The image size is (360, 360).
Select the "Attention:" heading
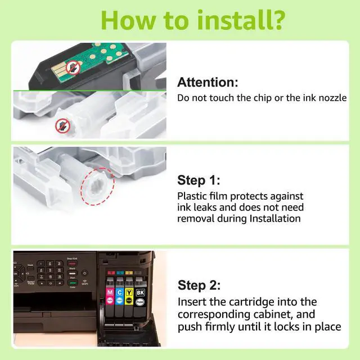tap(208, 82)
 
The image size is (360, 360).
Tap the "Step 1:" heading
tap(199, 180)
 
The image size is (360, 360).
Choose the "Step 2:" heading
tap(199, 285)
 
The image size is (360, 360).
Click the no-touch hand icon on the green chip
tap(73, 67)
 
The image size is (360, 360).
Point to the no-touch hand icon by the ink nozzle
tap(62, 125)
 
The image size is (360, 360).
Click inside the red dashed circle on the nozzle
tap(97, 186)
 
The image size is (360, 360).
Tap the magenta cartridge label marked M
tap(110, 292)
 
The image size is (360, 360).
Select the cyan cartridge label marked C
tap(120, 292)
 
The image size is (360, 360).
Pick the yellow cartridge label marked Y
tap(129, 292)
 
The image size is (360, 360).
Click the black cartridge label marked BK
tap(140, 292)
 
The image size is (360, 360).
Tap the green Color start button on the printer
tap(73, 282)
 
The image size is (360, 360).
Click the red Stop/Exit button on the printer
tap(72, 263)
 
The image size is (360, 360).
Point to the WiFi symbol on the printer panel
tap(84, 281)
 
